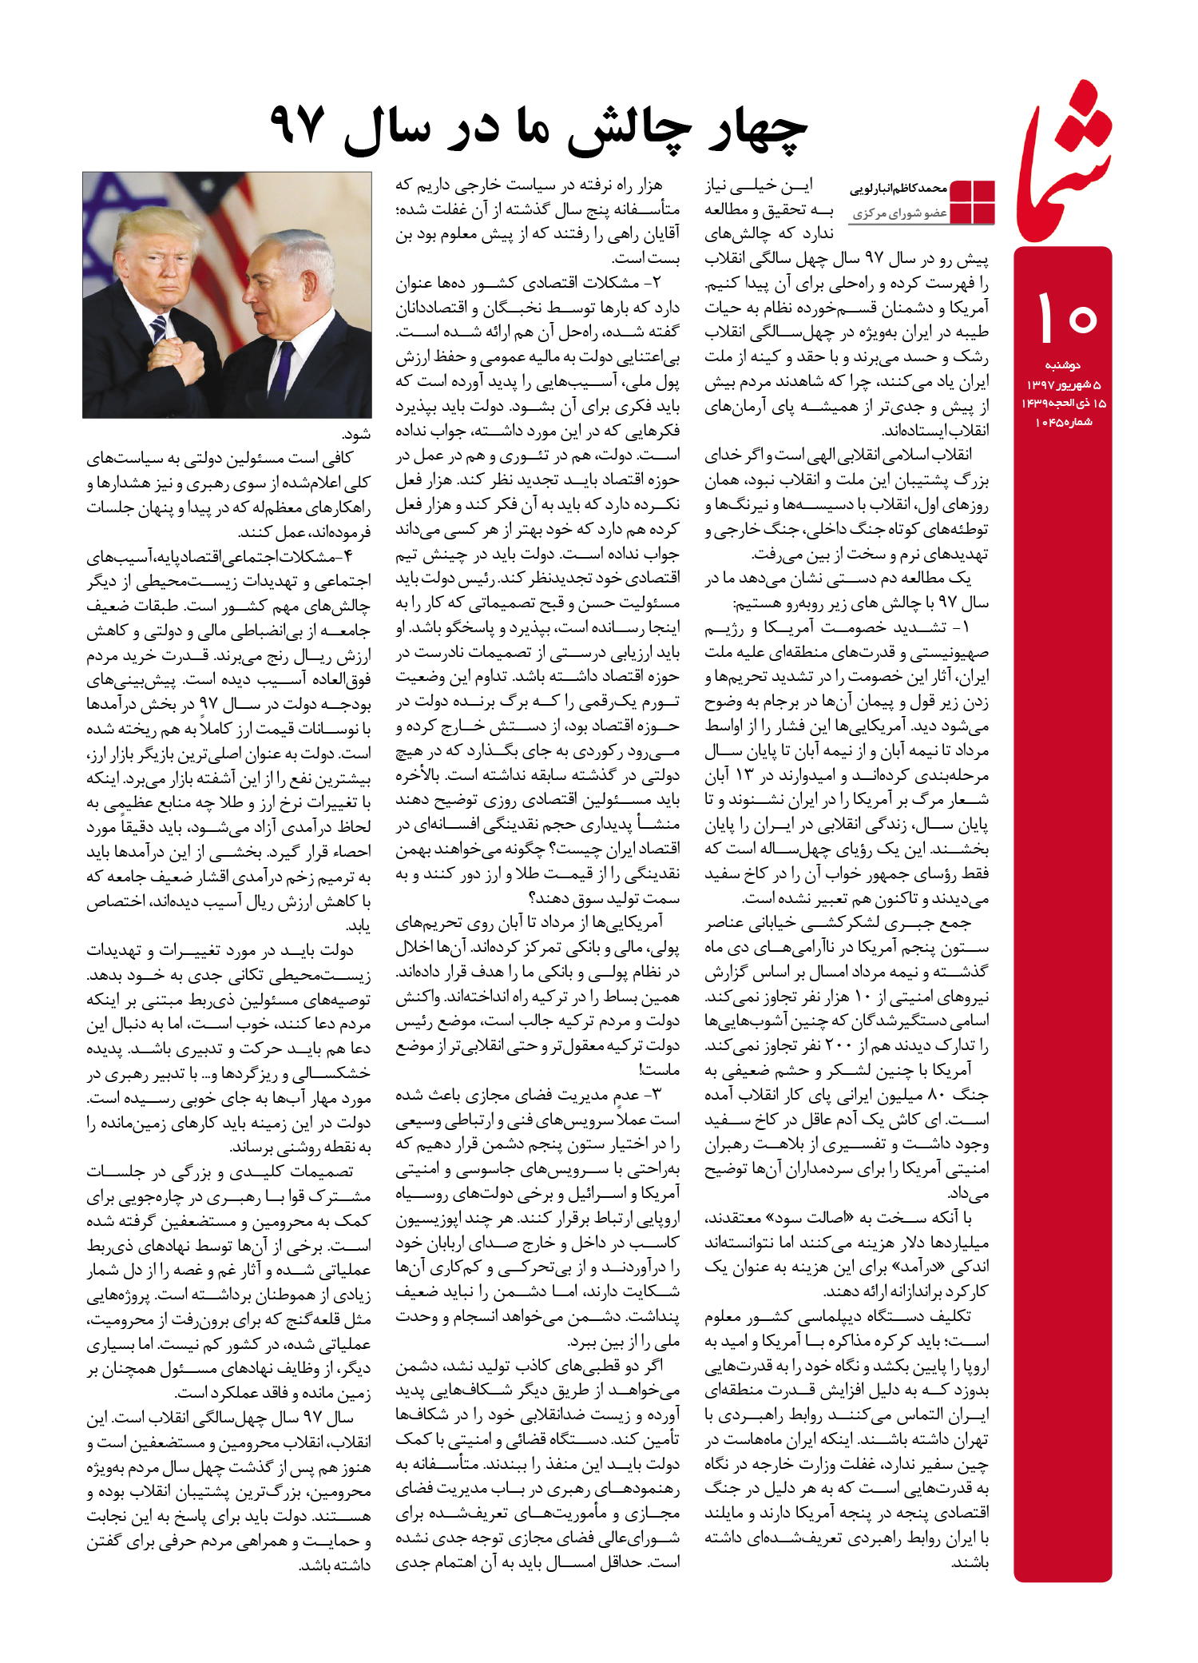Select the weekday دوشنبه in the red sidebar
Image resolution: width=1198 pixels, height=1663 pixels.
1062,365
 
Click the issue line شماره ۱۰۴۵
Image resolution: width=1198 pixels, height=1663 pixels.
1063,422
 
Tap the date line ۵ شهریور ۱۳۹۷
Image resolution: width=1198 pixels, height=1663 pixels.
1063,384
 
